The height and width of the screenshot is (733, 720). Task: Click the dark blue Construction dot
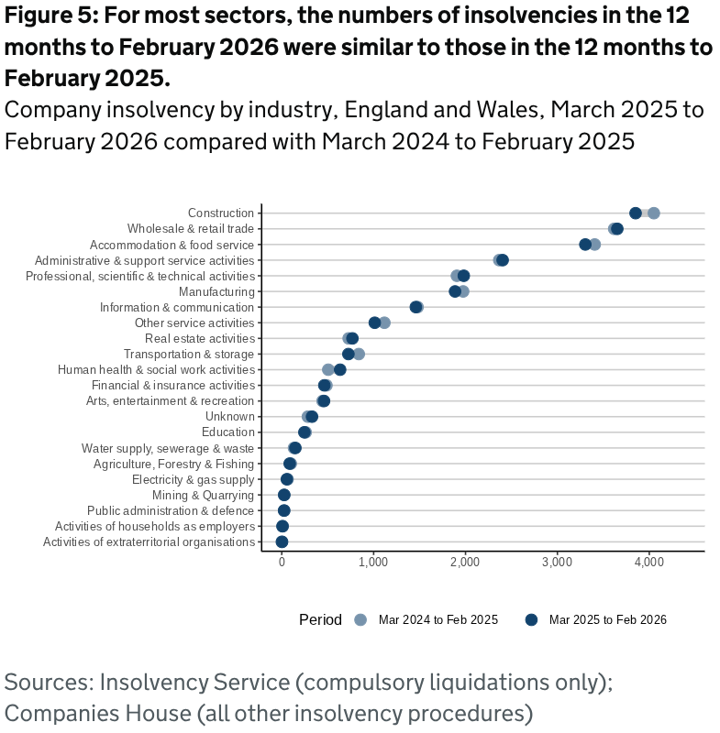(635, 213)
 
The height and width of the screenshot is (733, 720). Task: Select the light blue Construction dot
(653, 213)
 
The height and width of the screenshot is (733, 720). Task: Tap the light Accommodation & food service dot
(594, 245)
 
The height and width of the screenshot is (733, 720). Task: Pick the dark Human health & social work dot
(339, 370)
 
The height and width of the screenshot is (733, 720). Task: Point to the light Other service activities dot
(384, 323)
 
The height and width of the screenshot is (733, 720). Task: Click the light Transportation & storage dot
(359, 354)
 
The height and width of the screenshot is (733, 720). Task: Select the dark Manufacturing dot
(455, 291)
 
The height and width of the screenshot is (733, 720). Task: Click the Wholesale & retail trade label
(191, 229)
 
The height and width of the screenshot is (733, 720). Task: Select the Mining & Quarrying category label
(203, 495)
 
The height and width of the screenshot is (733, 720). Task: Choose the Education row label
(227, 432)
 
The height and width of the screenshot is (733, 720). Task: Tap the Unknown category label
(229, 417)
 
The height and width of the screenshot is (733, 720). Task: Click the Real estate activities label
(199, 338)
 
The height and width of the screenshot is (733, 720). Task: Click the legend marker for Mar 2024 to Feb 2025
(360, 620)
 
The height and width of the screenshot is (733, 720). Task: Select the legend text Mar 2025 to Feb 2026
(607, 620)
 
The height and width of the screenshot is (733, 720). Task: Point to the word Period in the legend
(320, 620)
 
